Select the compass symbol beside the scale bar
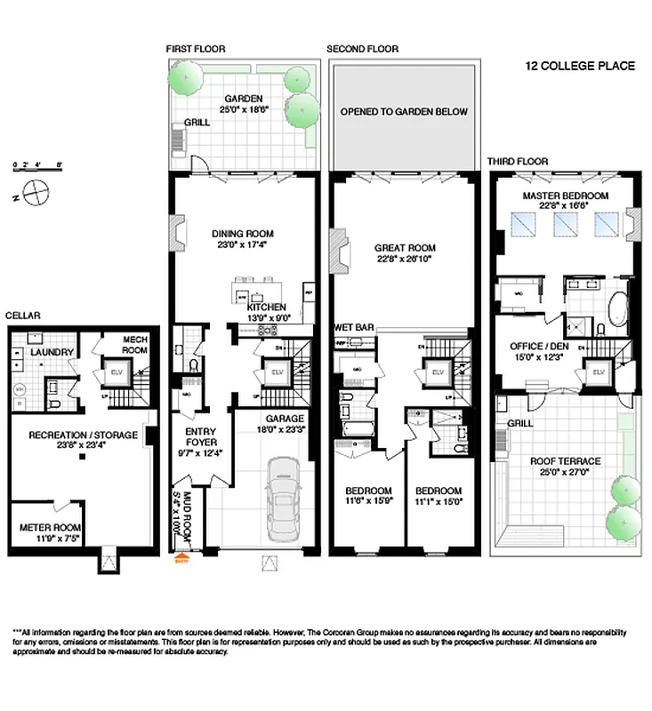(36, 190)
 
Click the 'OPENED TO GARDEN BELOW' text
(403, 112)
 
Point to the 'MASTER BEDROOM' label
(565, 195)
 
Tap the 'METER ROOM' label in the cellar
(50, 527)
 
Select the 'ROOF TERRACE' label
(565, 460)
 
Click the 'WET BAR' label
(353, 327)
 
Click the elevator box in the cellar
(116, 373)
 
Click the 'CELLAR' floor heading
(22, 315)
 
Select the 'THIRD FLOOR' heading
(517, 161)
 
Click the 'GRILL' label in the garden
(197, 123)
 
